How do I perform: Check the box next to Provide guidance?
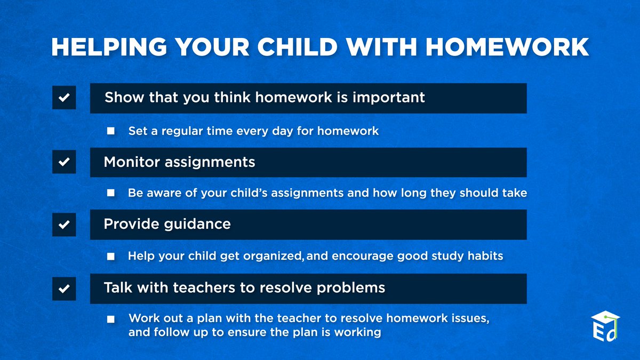[64, 225]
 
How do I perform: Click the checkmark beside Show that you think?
[64, 98]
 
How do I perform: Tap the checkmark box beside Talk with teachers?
[64, 289]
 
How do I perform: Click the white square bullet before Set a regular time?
[111, 131]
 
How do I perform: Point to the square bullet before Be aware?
[111, 193]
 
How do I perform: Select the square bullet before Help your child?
[111, 257]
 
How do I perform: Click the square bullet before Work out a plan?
[111, 319]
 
